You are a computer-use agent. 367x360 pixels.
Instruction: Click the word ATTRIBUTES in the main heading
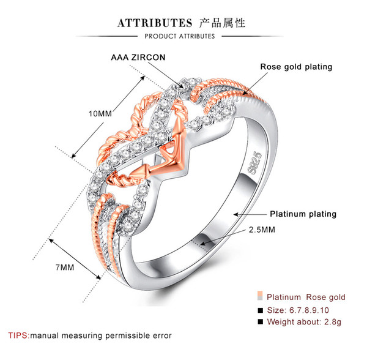click(x=155, y=23)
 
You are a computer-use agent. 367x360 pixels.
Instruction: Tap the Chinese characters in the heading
click(x=222, y=23)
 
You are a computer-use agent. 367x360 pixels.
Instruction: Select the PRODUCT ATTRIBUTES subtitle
click(x=179, y=36)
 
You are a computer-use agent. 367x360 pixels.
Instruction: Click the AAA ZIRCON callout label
click(x=138, y=58)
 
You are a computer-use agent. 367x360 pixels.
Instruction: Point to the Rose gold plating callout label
click(x=296, y=67)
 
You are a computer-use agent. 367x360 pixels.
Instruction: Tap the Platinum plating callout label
click(x=303, y=214)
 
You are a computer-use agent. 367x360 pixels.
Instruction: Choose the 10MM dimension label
click(x=100, y=114)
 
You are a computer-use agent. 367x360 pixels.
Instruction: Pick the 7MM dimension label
click(x=65, y=268)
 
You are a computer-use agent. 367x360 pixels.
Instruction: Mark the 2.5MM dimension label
click(x=262, y=230)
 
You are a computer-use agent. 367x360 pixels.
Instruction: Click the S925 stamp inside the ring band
click(x=254, y=163)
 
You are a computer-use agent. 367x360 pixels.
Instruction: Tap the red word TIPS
click(x=19, y=336)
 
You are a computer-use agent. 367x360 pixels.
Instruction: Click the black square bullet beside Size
click(x=261, y=310)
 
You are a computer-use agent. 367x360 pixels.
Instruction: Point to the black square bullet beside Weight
click(x=261, y=321)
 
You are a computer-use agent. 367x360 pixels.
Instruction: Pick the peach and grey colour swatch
click(x=260, y=296)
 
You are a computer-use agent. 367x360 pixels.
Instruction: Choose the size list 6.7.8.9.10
click(x=309, y=310)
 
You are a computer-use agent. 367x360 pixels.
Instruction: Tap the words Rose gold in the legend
click(x=326, y=298)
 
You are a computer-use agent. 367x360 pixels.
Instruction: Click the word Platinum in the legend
click(x=284, y=297)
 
